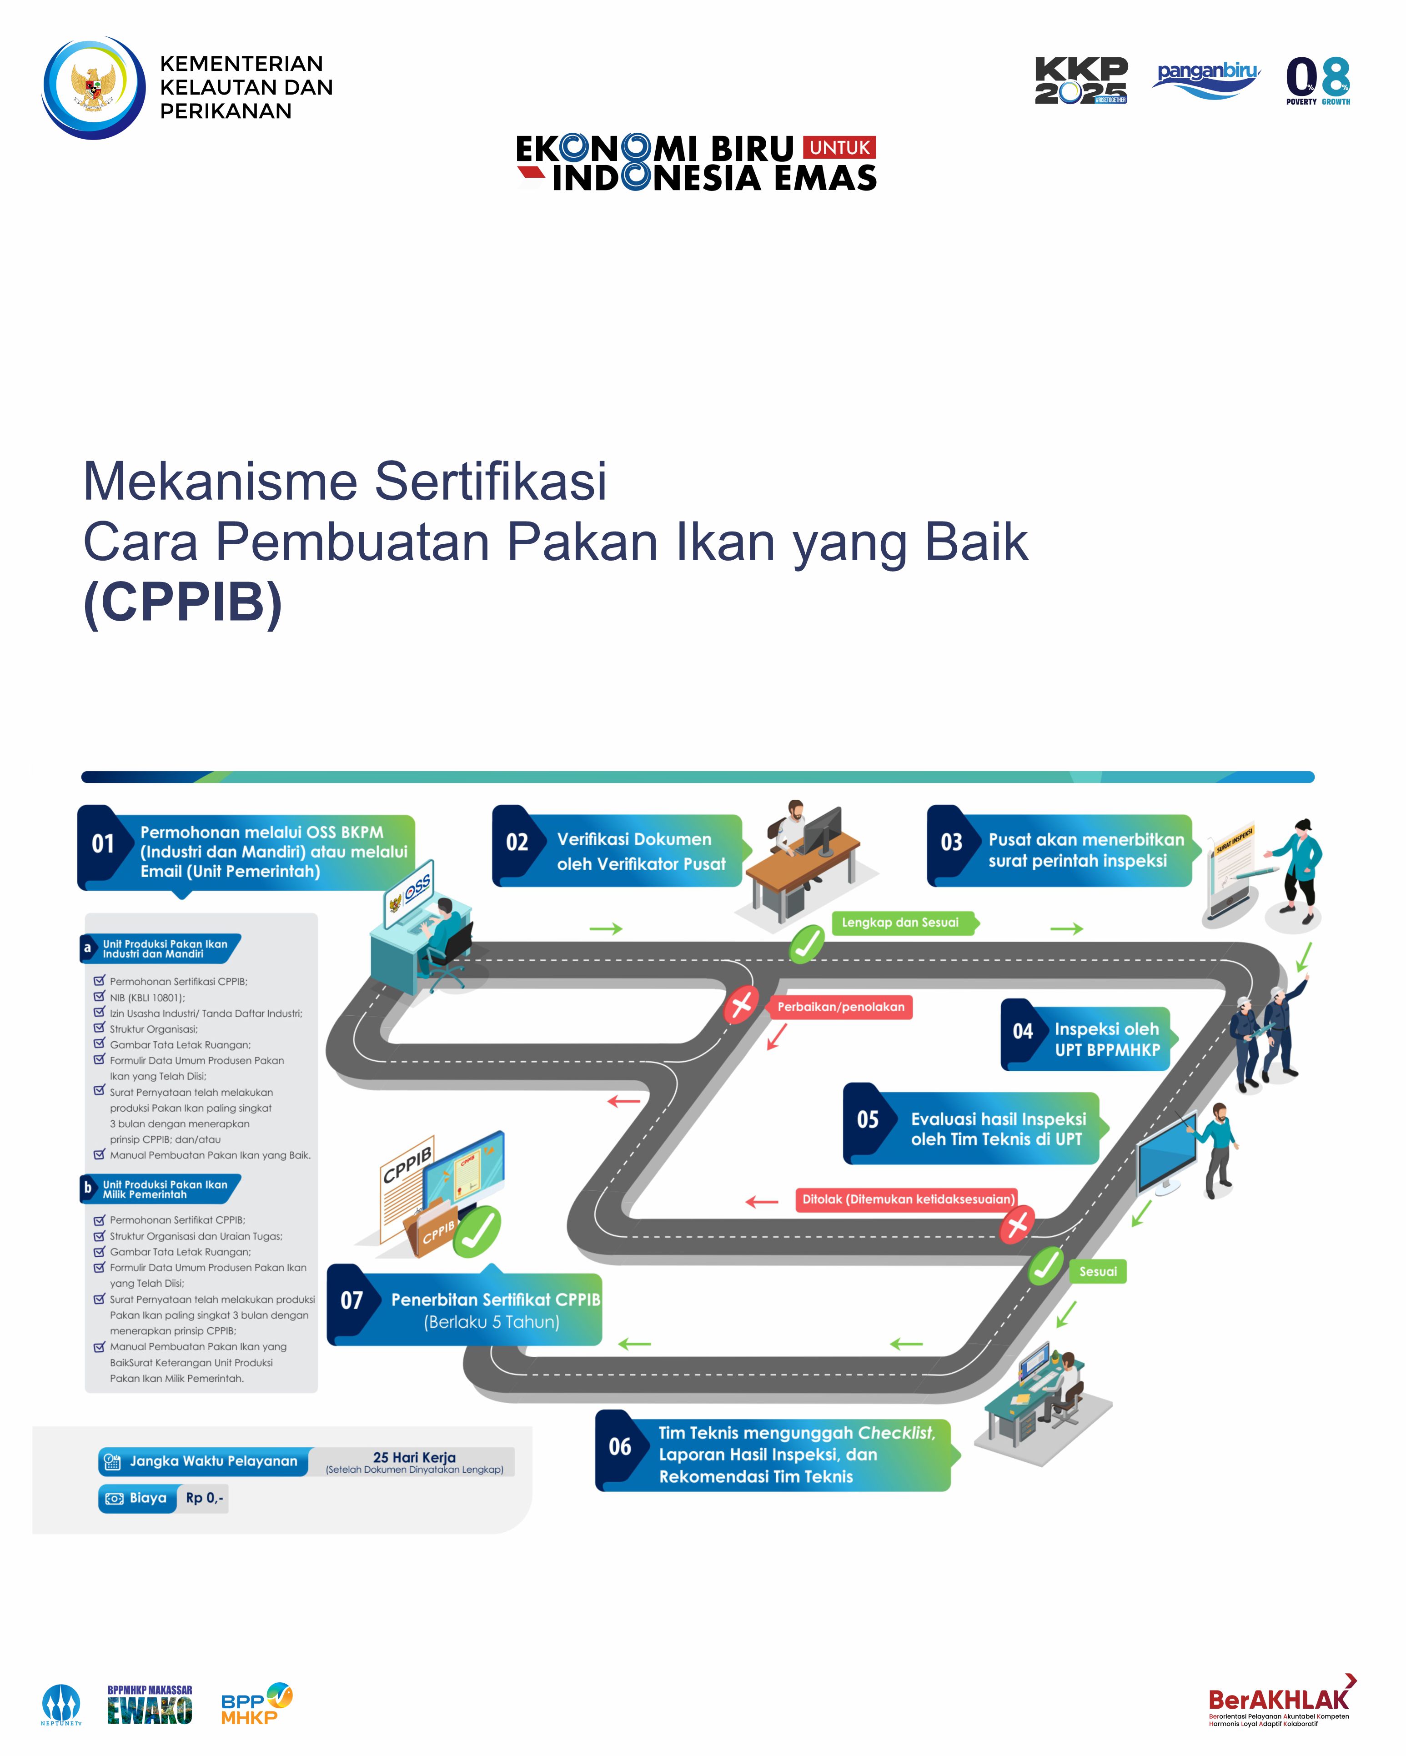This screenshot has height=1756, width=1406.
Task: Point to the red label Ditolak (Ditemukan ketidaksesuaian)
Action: click(x=908, y=1199)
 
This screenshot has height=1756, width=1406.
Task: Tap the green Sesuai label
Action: click(x=1098, y=1271)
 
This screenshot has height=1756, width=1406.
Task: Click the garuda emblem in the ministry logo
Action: click(x=93, y=87)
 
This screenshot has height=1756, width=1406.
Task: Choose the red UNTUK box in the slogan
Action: click(x=839, y=147)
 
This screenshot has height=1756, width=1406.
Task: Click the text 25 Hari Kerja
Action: click(x=415, y=1457)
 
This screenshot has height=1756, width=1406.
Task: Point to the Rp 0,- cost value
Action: click(x=205, y=1498)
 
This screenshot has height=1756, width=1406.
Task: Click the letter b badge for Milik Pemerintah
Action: click(x=88, y=1188)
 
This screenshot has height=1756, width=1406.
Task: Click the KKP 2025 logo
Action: click(x=1081, y=80)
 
